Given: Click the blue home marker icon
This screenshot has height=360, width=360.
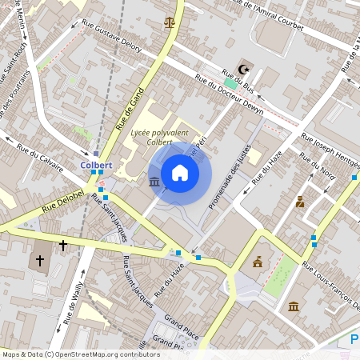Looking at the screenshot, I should (x=180, y=173).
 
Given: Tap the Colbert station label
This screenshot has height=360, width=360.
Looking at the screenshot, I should (x=96, y=165).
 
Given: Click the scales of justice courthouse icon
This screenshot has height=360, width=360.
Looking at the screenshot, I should (x=169, y=22).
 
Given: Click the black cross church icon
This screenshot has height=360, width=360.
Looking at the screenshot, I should (x=62, y=247).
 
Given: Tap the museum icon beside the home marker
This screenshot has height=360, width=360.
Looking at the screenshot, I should (x=154, y=183).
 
